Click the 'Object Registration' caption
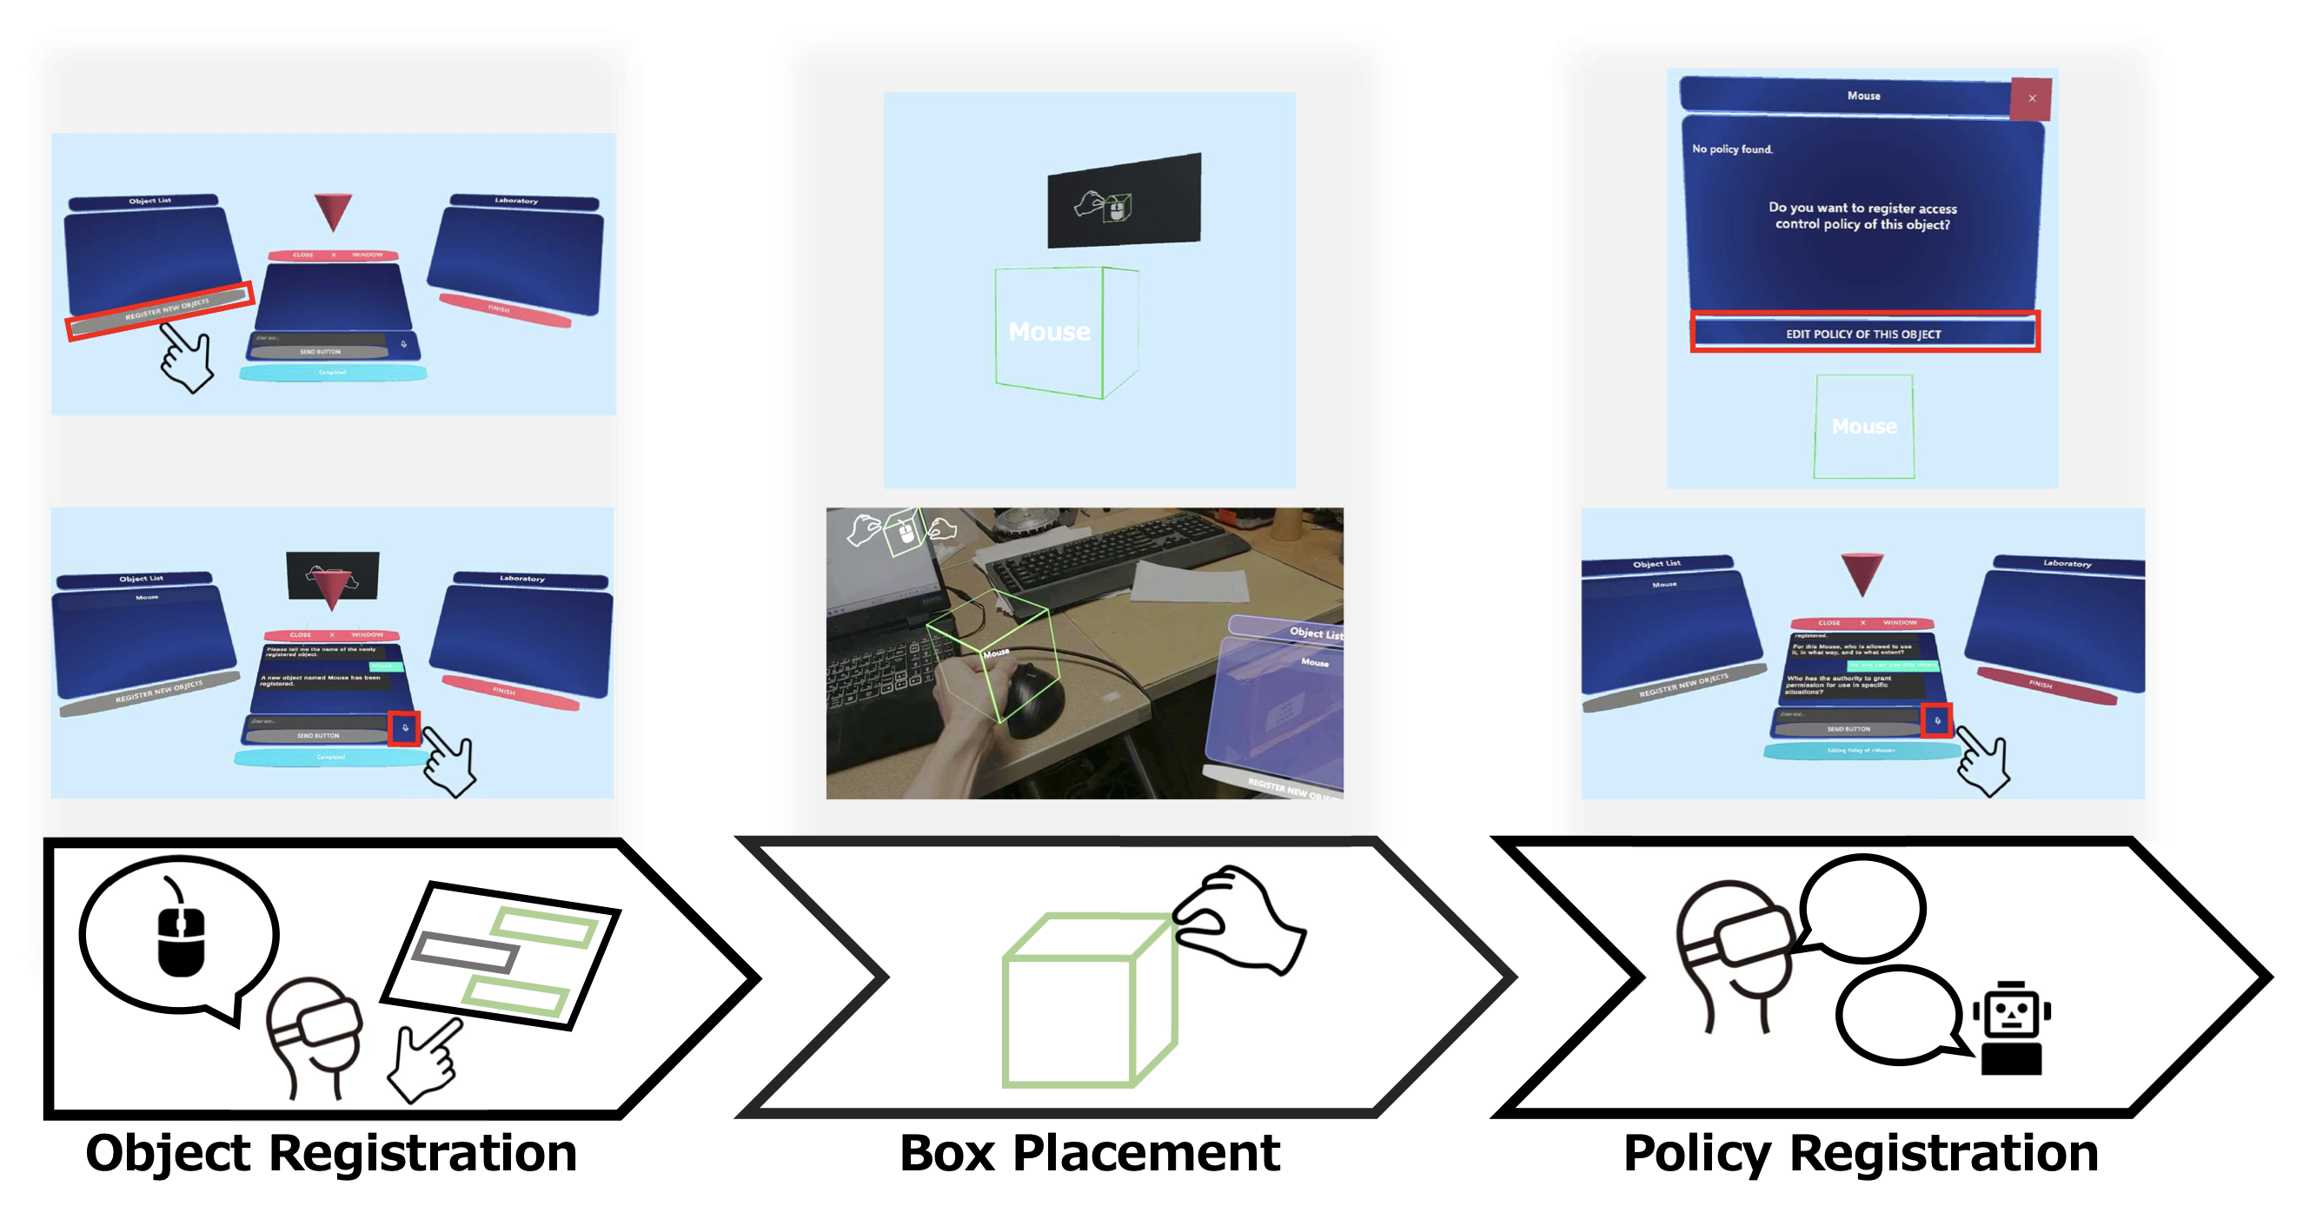pos(331,1152)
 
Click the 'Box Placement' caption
pos(1090,1152)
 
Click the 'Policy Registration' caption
pos(1861,1152)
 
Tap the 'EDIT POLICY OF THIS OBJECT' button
pos(1864,334)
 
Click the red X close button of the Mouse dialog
pos(2032,98)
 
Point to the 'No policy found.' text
pos(1732,149)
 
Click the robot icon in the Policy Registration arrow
pos(2012,1028)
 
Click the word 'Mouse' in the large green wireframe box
pos(1049,333)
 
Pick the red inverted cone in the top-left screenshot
pos(333,211)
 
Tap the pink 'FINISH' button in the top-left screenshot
pos(505,309)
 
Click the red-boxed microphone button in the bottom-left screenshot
pos(405,728)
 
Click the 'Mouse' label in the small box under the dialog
pos(1864,427)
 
